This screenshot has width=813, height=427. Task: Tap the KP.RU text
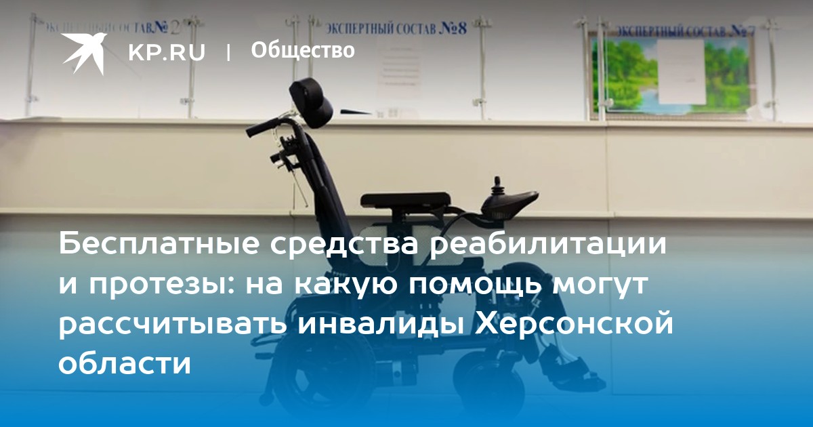coord(167,52)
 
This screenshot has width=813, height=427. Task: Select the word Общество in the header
coord(303,50)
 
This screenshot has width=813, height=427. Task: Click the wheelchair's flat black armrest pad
coord(406,200)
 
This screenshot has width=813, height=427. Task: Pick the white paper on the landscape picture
coord(681,71)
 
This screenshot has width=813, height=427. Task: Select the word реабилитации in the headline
coord(549,245)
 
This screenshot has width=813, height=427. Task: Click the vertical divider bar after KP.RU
coord(228,52)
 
